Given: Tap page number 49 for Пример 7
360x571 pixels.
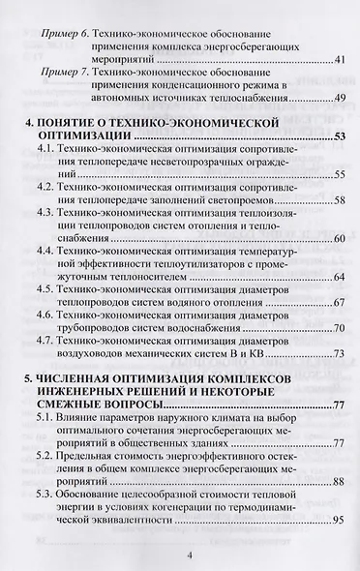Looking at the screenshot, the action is coord(339,98).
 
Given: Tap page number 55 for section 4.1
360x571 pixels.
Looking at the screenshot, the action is coord(340,175).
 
